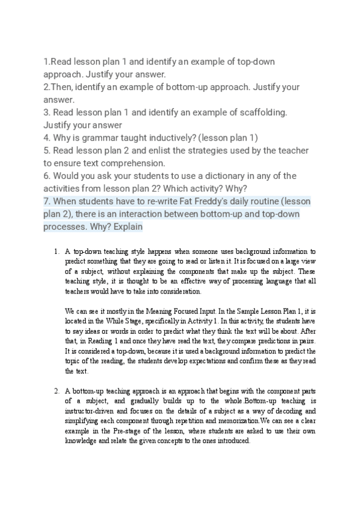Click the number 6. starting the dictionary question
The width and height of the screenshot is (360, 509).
[x=47, y=175]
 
